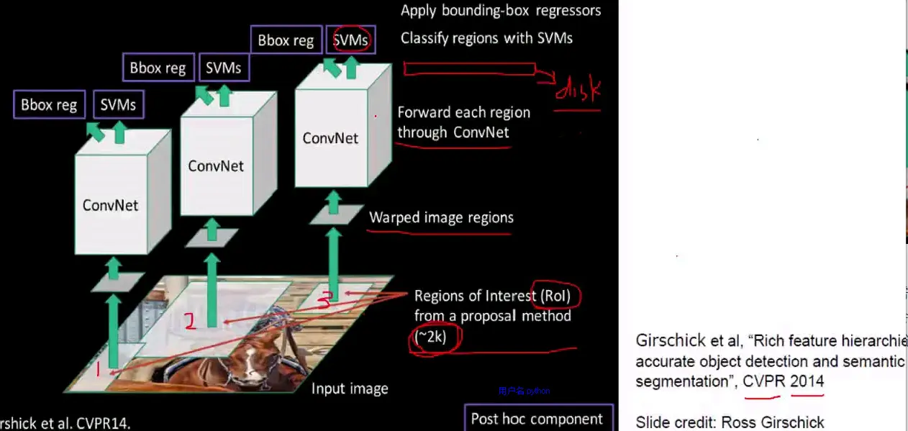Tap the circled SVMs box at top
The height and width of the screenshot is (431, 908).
pyautogui.click(x=350, y=40)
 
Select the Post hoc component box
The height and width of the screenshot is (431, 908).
pyautogui.click(x=537, y=419)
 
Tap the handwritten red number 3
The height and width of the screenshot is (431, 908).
pyautogui.click(x=324, y=302)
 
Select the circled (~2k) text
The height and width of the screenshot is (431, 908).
pyautogui.click(x=432, y=337)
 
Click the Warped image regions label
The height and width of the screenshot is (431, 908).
pyautogui.click(x=442, y=217)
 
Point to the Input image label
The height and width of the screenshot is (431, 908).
pyautogui.click(x=350, y=389)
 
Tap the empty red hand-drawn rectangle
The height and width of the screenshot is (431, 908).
pyautogui.click(x=469, y=68)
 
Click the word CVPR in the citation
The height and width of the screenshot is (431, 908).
pyautogui.click(x=763, y=381)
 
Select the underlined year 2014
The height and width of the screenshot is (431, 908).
pyautogui.click(x=807, y=381)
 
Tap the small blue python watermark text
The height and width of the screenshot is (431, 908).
pyautogui.click(x=524, y=391)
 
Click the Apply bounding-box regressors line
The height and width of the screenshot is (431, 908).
pyautogui.click(x=501, y=11)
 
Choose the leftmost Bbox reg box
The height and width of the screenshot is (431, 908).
pyautogui.click(x=49, y=105)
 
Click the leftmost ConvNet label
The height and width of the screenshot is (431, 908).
pyautogui.click(x=110, y=205)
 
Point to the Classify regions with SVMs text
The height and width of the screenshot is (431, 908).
pyautogui.click(x=486, y=38)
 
